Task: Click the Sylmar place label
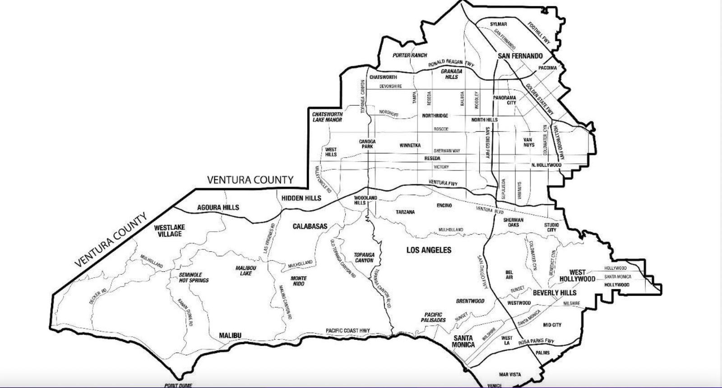(498, 24)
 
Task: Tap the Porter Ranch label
(409, 55)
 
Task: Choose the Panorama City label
(504, 100)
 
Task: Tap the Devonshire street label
(390, 86)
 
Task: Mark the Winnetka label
(410, 146)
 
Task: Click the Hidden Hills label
(301, 198)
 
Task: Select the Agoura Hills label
(218, 208)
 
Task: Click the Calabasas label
(310, 226)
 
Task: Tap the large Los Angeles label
(429, 250)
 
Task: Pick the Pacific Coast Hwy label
(348, 331)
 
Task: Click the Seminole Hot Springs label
(194, 277)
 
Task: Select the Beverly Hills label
(555, 293)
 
